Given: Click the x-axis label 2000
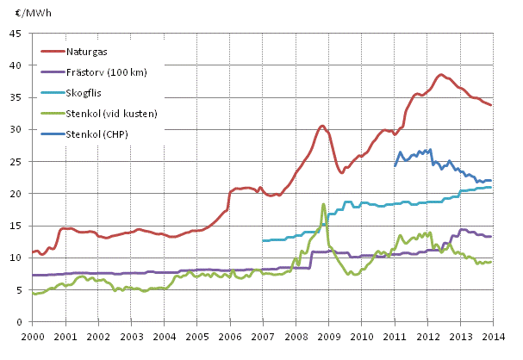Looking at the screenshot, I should pos(33,336).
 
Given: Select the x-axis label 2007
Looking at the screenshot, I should pos(263,336).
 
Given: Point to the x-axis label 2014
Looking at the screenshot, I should pos(493,336).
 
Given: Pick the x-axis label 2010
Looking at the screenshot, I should pos(361,336).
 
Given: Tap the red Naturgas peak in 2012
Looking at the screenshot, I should pos(440,74).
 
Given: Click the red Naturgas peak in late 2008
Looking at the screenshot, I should pos(322,126).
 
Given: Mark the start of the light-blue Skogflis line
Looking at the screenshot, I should pos(263,240).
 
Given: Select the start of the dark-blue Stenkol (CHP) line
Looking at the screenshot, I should pos(395,165).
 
